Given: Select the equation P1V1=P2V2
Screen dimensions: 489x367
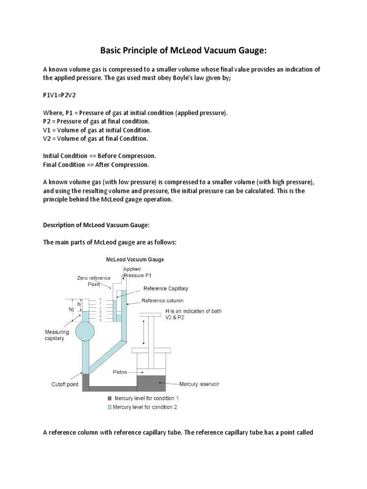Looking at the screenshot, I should [x=59, y=95].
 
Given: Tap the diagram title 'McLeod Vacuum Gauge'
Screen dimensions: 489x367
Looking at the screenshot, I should [x=135, y=260].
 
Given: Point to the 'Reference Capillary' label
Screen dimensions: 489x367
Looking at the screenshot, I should [x=165, y=289].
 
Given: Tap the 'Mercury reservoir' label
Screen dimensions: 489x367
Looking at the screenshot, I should [x=200, y=383].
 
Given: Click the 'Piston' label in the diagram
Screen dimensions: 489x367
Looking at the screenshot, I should [x=120, y=372].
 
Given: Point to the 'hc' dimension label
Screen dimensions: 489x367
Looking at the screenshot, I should [x=71, y=309].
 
